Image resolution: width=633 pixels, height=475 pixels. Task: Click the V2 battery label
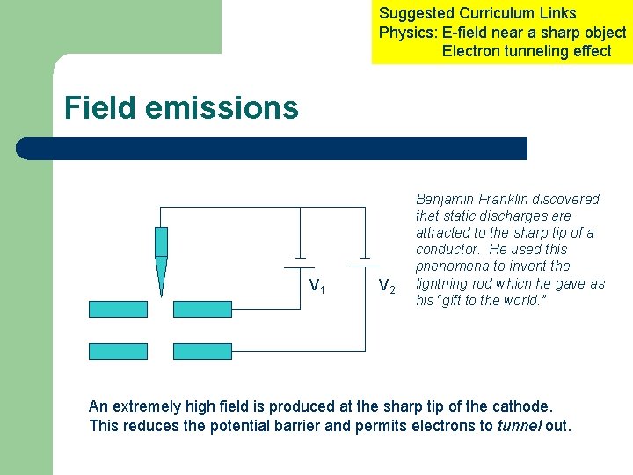click(x=386, y=286)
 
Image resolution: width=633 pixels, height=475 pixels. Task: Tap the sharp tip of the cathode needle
click(x=161, y=294)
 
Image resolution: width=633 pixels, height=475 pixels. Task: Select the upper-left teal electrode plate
click(x=118, y=309)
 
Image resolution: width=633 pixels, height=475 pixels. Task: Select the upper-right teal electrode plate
click(x=202, y=309)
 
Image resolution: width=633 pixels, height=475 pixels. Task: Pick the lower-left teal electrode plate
click(x=118, y=351)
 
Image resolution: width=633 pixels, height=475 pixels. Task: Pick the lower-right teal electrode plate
click(x=202, y=351)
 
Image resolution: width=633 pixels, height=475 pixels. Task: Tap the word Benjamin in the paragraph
click(x=445, y=200)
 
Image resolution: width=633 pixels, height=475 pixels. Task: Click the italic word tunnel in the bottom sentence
click(x=520, y=426)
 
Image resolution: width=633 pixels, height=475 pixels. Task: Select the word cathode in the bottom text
click(x=524, y=406)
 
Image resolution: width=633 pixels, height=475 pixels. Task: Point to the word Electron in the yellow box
click(x=470, y=51)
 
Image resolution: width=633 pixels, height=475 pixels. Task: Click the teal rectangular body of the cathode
click(x=161, y=241)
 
